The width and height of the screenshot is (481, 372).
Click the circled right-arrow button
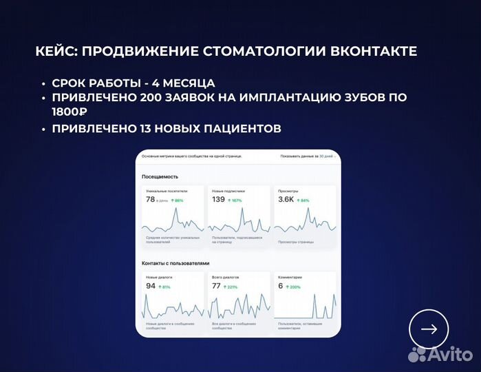tap(429, 329)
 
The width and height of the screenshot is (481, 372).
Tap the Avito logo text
tap(450, 354)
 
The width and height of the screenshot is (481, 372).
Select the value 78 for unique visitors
tap(150, 200)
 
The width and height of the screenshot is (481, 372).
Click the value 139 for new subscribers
tap(218, 200)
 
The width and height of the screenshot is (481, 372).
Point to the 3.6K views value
tap(286, 200)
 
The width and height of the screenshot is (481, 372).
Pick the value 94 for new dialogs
tap(151, 286)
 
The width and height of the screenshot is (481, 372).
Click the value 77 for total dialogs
tap(216, 286)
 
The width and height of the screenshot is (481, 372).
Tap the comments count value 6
tap(280, 286)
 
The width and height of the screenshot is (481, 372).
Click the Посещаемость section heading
tap(156, 177)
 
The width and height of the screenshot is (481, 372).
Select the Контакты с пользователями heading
tap(175, 263)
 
